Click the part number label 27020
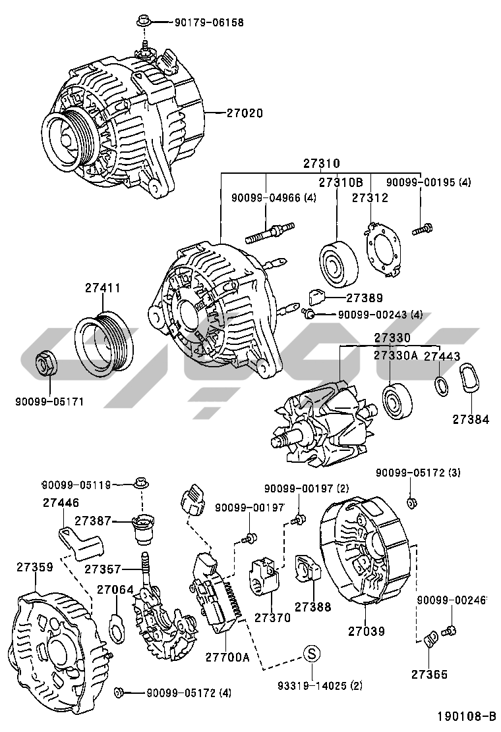tap(235, 113)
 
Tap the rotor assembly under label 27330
tap(321, 421)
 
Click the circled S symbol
tap(312, 653)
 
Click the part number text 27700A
tap(227, 657)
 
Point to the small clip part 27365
tap(429, 638)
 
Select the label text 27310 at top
tap(322, 163)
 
